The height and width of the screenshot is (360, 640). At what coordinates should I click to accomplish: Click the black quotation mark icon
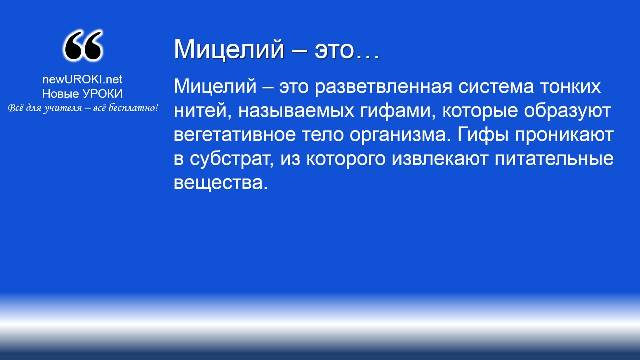82,46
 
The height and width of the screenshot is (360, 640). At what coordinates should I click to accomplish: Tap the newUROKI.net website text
82,79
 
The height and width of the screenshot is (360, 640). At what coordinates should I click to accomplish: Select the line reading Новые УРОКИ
82,94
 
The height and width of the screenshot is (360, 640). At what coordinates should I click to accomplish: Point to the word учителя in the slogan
62,108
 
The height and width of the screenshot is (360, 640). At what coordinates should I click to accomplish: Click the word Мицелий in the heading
229,49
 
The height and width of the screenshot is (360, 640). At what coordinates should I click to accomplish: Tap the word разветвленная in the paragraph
383,86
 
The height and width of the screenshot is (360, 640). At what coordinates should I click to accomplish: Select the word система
496,86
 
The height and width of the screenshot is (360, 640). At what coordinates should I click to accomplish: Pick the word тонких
570,86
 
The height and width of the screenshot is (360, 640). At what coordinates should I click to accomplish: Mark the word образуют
567,111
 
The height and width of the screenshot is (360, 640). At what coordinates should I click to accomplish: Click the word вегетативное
235,135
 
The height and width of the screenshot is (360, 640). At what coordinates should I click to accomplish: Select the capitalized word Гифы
483,135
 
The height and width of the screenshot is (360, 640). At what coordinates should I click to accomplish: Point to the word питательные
554,158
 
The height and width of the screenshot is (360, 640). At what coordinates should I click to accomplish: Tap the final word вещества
221,183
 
